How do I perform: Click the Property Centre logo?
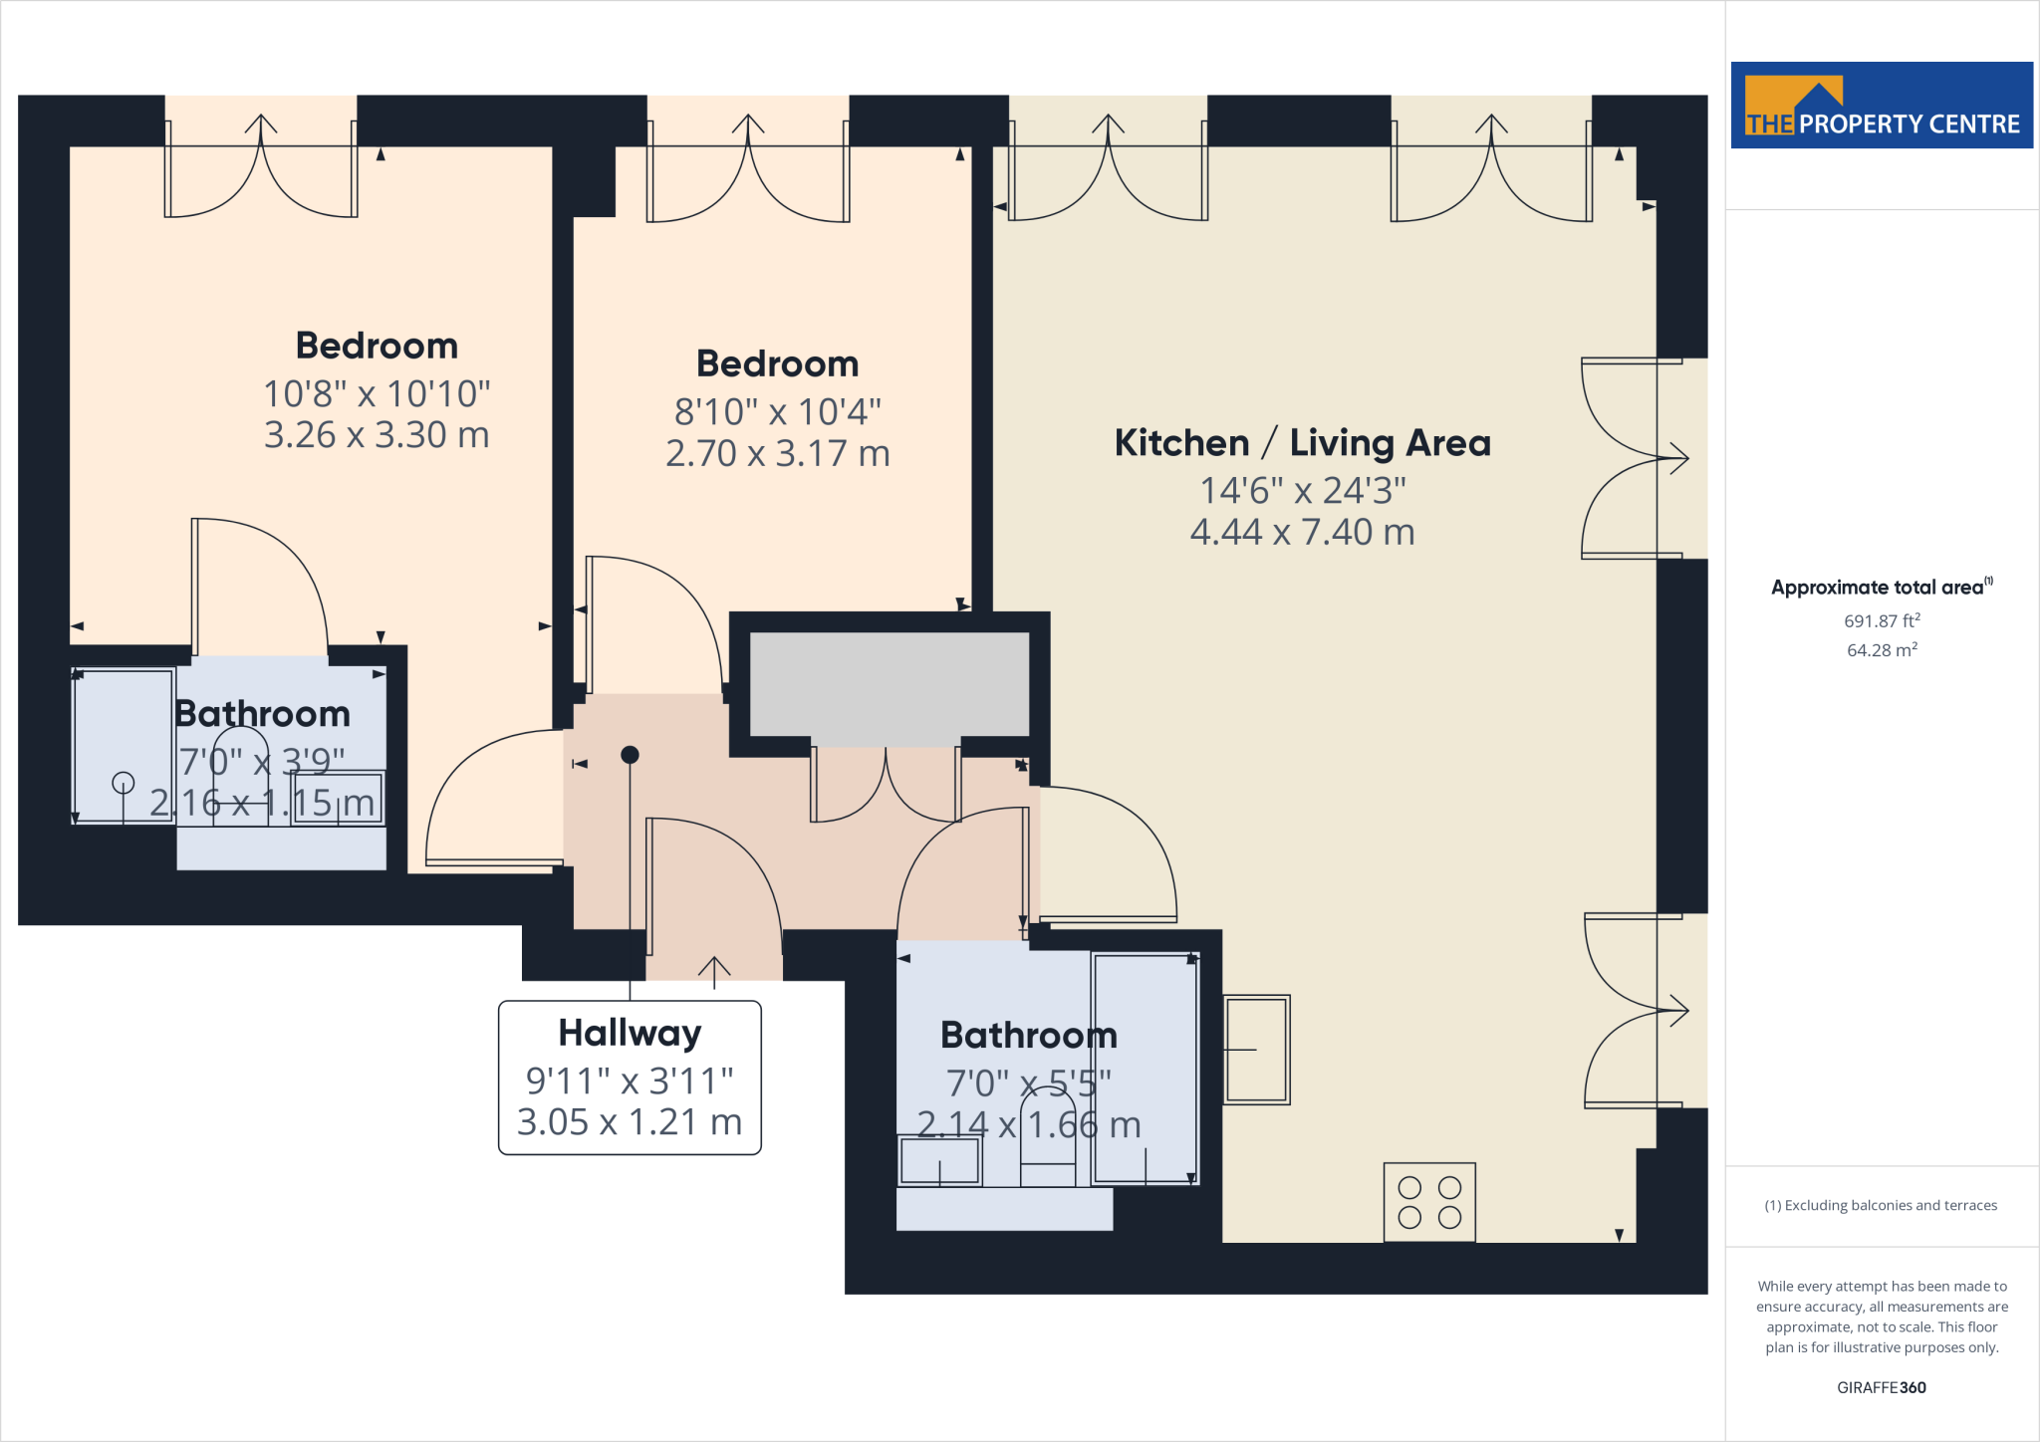click(x=1881, y=106)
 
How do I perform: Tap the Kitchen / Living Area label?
click(x=1302, y=443)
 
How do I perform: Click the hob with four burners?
click(x=1428, y=1202)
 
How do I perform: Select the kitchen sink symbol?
click(x=1256, y=1050)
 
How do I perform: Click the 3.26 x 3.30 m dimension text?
click(x=377, y=435)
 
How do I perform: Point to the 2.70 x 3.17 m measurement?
click(x=777, y=453)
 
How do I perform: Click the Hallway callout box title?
click(x=630, y=1033)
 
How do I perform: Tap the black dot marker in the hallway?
click(x=630, y=755)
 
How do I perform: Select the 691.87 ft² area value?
click(x=1882, y=620)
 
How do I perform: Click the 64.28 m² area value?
click(x=1882, y=650)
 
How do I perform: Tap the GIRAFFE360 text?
click(x=1881, y=1387)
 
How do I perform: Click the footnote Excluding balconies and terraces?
click(x=1881, y=1205)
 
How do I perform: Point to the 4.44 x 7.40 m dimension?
click(x=1302, y=533)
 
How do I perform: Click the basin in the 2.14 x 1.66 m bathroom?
click(x=939, y=1160)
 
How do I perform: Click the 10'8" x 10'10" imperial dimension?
click(x=377, y=394)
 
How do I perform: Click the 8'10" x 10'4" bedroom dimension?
click(x=777, y=411)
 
